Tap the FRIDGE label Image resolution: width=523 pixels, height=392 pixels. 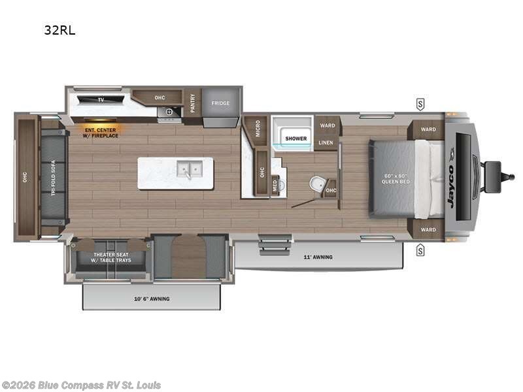(x=221, y=103)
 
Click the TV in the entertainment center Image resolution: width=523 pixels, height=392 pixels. (x=101, y=100)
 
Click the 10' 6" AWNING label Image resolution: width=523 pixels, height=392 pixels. (x=151, y=299)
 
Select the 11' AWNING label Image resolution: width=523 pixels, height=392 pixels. (x=318, y=257)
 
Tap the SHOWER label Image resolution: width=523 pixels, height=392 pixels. (x=295, y=139)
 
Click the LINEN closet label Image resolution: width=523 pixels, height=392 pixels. (x=326, y=142)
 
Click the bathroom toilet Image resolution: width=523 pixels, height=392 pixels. (x=316, y=184)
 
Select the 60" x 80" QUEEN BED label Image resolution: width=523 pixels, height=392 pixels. (x=396, y=178)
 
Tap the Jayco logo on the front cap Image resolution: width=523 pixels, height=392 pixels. (x=450, y=187)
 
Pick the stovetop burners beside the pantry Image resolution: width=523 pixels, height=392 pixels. (x=169, y=112)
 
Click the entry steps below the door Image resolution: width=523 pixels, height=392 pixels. (x=267, y=245)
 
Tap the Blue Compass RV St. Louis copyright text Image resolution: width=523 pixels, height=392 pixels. (x=81, y=385)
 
